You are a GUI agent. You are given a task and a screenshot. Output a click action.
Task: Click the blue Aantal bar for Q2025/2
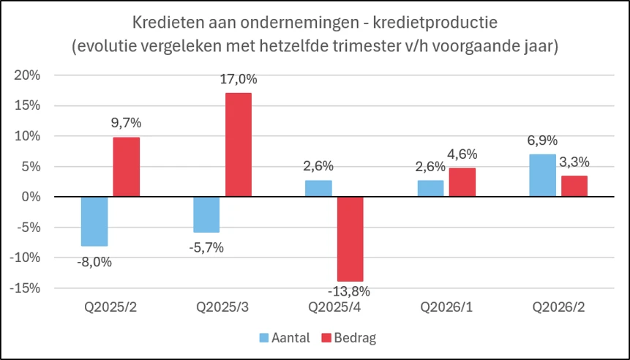[x=94, y=222]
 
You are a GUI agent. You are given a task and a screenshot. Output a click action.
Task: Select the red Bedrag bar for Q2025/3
[x=239, y=145]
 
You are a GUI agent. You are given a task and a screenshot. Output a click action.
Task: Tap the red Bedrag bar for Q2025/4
[x=350, y=239]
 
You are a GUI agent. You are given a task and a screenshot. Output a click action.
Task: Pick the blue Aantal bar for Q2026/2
[x=543, y=176]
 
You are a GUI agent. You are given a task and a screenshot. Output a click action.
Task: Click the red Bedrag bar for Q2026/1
[x=462, y=182]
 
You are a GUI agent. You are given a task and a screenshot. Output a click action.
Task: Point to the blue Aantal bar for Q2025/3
[x=206, y=214]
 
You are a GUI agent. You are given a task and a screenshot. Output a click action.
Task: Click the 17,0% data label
[x=239, y=79]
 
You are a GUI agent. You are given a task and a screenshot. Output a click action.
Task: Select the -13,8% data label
[x=349, y=291]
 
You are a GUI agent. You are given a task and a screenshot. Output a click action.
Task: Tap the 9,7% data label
[x=126, y=123]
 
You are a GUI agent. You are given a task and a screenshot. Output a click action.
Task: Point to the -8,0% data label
[x=94, y=262]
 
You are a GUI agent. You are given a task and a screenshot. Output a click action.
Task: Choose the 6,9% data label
[x=542, y=140]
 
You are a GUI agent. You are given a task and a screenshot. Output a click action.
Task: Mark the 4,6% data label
[x=462, y=154]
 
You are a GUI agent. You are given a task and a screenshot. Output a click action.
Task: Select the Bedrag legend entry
[x=349, y=338]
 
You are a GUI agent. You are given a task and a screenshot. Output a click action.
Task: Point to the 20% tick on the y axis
[x=27, y=75]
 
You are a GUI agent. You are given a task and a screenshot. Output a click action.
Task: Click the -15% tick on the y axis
[x=25, y=288]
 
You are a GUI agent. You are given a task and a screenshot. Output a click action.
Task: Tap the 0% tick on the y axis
[x=31, y=197]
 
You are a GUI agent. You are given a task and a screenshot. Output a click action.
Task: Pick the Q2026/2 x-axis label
[x=559, y=307]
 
